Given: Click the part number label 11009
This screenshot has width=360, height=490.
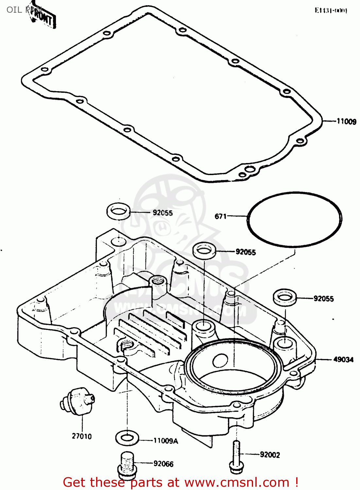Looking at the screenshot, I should [x=346, y=122].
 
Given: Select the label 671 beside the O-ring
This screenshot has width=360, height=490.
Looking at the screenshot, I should [x=220, y=216].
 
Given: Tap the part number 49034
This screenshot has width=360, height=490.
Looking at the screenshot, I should [x=343, y=359].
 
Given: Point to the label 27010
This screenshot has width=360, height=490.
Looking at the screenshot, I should [x=82, y=436].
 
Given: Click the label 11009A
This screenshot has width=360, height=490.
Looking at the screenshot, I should [x=166, y=441].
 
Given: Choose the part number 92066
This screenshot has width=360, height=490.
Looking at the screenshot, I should [x=163, y=464].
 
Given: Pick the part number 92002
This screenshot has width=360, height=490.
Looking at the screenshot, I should [x=270, y=455].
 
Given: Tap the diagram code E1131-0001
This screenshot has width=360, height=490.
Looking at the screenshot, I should [x=331, y=10].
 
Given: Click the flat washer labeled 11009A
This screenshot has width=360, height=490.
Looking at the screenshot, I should [x=127, y=438].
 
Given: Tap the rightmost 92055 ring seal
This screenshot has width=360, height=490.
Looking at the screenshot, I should [x=285, y=297].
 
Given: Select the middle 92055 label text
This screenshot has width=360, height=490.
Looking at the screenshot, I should [x=246, y=252].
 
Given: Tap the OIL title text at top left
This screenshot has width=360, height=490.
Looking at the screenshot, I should [x=14, y=10].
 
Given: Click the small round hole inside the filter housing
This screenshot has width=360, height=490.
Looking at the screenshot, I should [x=220, y=360].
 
